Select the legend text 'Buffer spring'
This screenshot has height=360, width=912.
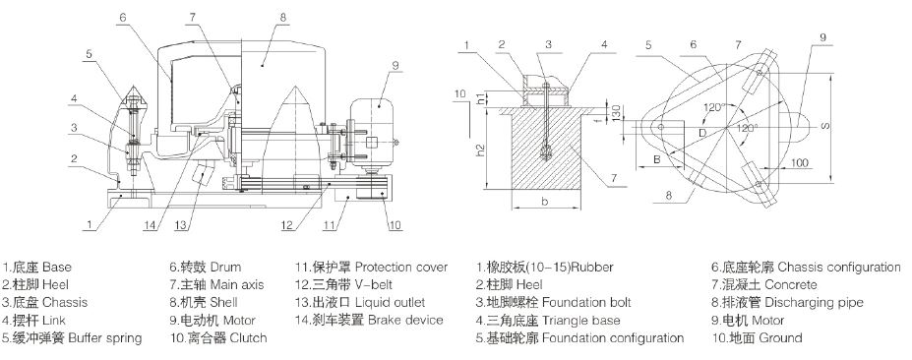104,338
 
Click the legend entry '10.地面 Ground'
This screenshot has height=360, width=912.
757,338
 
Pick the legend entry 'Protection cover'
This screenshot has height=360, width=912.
401,267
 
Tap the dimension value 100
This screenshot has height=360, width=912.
800,163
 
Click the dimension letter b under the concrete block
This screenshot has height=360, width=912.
544,202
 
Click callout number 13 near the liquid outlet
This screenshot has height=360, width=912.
182,224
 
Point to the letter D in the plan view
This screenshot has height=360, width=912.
702,133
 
